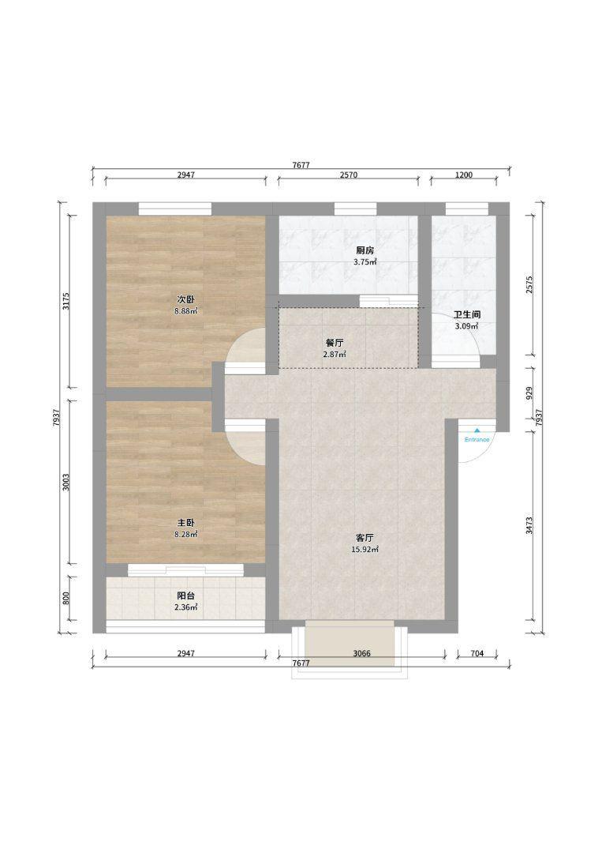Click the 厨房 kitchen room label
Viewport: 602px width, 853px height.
pyautogui.click(x=365, y=250)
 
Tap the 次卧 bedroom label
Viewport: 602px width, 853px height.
pyautogui.click(x=186, y=299)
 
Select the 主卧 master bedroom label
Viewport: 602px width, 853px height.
pyautogui.click(x=186, y=523)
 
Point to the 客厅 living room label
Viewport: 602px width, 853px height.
pyautogui.click(x=365, y=538)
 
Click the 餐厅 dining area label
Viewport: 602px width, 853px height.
pyautogui.click(x=335, y=343)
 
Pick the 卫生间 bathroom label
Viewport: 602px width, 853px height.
pyautogui.click(x=467, y=314)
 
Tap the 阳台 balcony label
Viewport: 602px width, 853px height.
pyautogui.click(x=186, y=596)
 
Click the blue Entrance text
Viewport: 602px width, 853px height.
pyautogui.click(x=477, y=440)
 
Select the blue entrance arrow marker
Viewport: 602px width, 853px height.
pyautogui.click(x=477, y=430)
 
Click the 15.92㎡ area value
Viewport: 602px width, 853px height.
pyautogui.click(x=365, y=550)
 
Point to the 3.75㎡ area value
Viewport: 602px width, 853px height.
pyautogui.click(x=365, y=261)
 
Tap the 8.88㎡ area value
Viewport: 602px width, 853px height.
pyautogui.click(x=186, y=311)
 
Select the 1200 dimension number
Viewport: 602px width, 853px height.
pyautogui.click(x=463, y=175)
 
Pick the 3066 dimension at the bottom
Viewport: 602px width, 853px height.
pyautogui.click(x=361, y=653)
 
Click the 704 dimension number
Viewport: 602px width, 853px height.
pyautogui.click(x=477, y=653)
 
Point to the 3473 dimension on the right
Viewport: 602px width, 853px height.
pyautogui.click(x=529, y=525)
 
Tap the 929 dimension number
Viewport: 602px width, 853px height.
pyautogui.click(x=529, y=393)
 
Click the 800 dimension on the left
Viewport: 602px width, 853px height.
pyautogui.click(x=65, y=598)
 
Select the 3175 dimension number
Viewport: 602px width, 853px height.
pyautogui.click(x=65, y=302)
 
